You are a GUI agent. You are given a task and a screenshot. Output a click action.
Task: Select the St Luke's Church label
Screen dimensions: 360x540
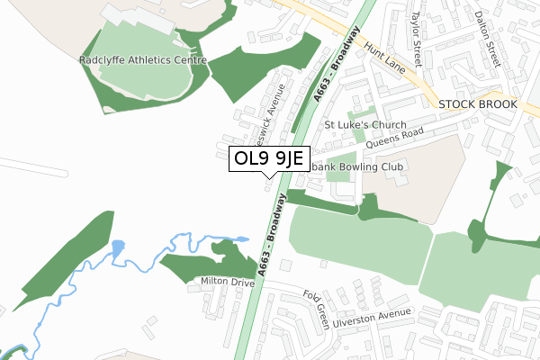click(365, 125)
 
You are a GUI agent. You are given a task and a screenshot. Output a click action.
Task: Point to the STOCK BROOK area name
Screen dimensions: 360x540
click(479, 104)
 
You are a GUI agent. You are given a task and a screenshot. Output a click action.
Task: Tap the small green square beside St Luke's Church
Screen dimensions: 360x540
click(358, 137)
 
